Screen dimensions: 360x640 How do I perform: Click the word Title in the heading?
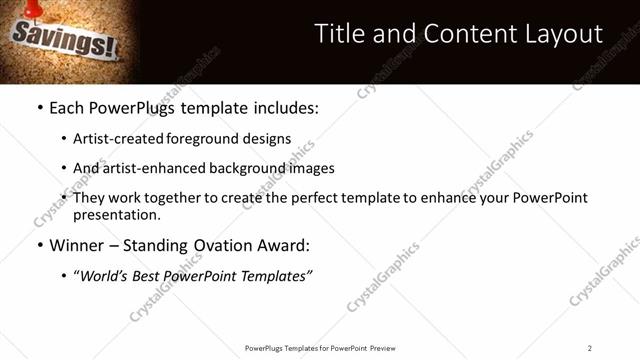point(339,34)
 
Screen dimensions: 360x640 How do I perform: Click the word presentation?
point(115,214)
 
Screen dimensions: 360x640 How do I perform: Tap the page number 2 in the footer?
point(590,348)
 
